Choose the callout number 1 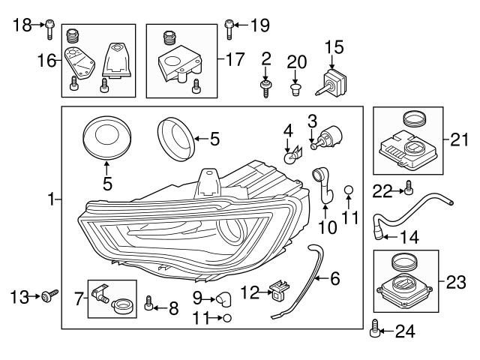click(51, 199)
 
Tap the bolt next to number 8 click(149, 304)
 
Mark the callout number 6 click(334, 278)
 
